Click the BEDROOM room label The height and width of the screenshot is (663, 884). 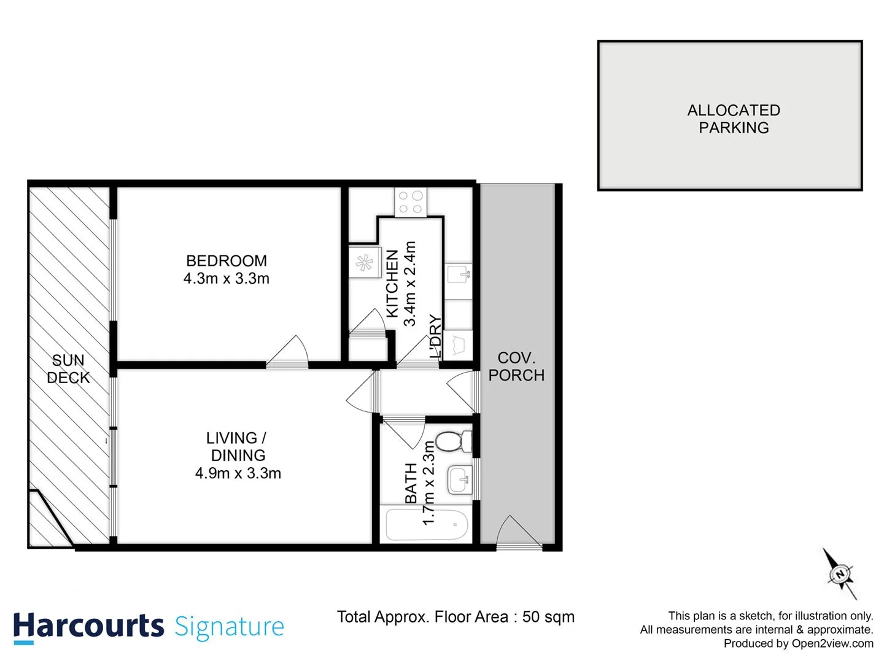point(226,261)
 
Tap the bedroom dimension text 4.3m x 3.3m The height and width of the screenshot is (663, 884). point(226,279)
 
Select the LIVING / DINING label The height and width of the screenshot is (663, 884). point(237,446)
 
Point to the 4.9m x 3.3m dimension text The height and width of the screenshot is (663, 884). point(238,473)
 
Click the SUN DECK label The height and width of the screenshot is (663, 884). point(68,369)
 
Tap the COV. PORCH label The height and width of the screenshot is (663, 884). point(516,366)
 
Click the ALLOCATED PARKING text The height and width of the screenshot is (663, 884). point(734,119)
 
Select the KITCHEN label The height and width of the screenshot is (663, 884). point(392,283)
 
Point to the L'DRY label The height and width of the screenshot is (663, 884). point(435,336)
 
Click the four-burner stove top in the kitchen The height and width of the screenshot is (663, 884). point(411,202)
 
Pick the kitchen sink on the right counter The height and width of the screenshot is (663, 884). point(458,274)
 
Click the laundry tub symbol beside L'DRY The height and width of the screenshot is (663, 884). point(457,346)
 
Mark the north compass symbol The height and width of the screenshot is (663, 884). point(840,574)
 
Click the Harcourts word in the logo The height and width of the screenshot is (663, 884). point(88,627)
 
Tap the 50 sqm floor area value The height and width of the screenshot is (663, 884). point(548,617)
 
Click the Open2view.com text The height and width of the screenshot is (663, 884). point(832,643)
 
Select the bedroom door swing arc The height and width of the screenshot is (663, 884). point(289,352)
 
